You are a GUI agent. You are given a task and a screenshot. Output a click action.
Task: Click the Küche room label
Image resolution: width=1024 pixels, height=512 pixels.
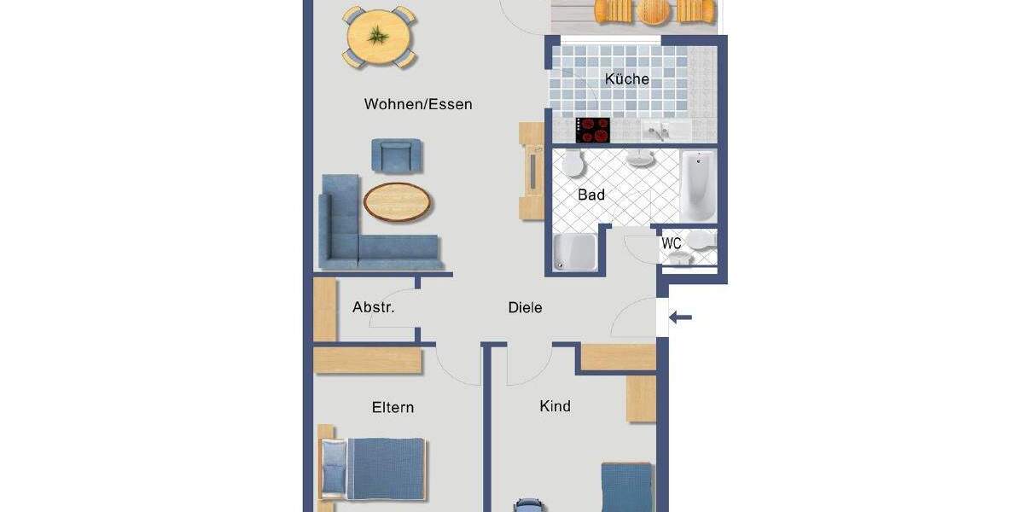627,79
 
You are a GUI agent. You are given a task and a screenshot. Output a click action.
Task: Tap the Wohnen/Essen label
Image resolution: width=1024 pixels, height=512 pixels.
418,104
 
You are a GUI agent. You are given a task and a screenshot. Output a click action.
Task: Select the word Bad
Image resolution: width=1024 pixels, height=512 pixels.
591,195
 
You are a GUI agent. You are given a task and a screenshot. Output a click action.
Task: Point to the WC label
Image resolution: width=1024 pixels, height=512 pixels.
672,243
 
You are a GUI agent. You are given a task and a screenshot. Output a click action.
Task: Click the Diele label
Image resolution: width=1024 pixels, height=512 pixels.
525,307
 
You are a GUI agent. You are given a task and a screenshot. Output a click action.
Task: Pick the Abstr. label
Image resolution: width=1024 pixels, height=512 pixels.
374,307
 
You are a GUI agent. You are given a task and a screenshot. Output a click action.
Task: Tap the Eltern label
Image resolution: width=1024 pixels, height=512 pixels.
393,407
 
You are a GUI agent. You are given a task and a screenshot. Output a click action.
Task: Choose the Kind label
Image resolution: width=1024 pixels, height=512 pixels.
555,406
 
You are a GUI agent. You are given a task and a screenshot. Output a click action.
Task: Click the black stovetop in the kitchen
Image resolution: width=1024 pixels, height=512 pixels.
594,130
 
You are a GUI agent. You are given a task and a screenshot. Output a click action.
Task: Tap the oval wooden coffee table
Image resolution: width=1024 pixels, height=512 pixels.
398,202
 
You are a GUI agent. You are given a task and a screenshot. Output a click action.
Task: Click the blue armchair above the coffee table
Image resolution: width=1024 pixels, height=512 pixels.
397,156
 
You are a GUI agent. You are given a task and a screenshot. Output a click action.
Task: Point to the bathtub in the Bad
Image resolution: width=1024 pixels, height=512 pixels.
698,185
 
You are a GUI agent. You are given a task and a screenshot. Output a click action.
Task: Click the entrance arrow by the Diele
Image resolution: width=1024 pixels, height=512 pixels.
681,318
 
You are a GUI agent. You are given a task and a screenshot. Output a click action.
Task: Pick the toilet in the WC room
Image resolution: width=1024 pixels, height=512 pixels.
700,242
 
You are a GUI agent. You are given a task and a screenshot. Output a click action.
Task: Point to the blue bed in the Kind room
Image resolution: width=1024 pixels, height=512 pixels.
627,486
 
